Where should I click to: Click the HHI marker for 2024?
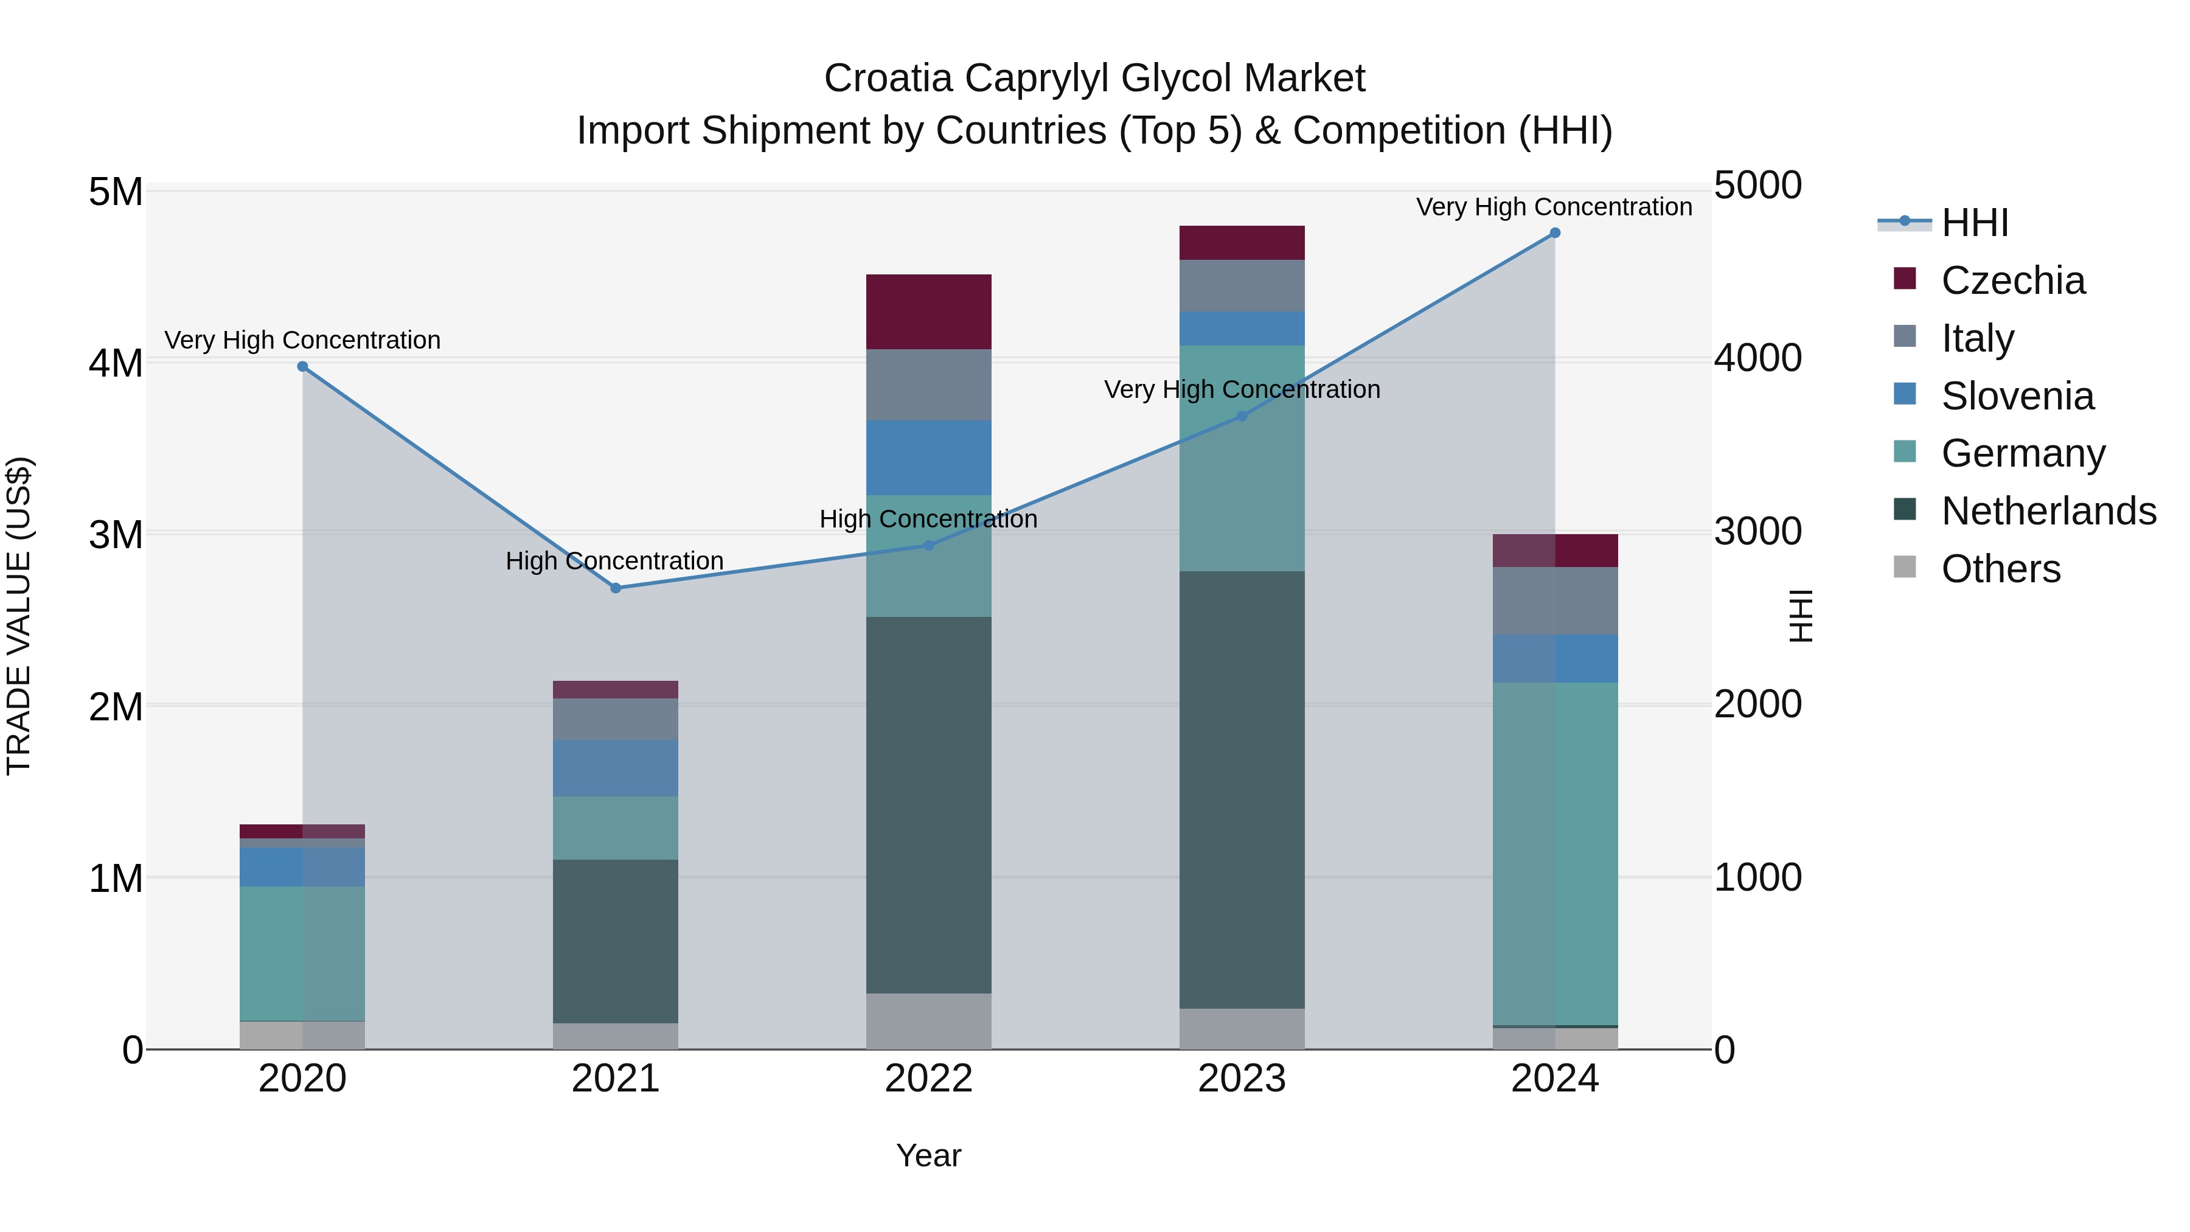click(1555, 233)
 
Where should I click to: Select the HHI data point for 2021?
click(616, 588)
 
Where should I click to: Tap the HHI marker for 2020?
click(303, 366)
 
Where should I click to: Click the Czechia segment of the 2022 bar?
click(928, 312)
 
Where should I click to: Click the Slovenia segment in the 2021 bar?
click(616, 768)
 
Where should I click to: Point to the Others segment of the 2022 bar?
click(928, 1021)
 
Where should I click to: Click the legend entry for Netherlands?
click(2048, 511)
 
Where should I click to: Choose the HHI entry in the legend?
click(1974, 223)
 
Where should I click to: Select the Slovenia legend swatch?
click(1905, 394)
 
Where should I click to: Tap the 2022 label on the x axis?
click(928, 1079)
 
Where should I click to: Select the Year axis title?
click(928, 1155)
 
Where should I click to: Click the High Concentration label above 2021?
click(614, 561)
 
